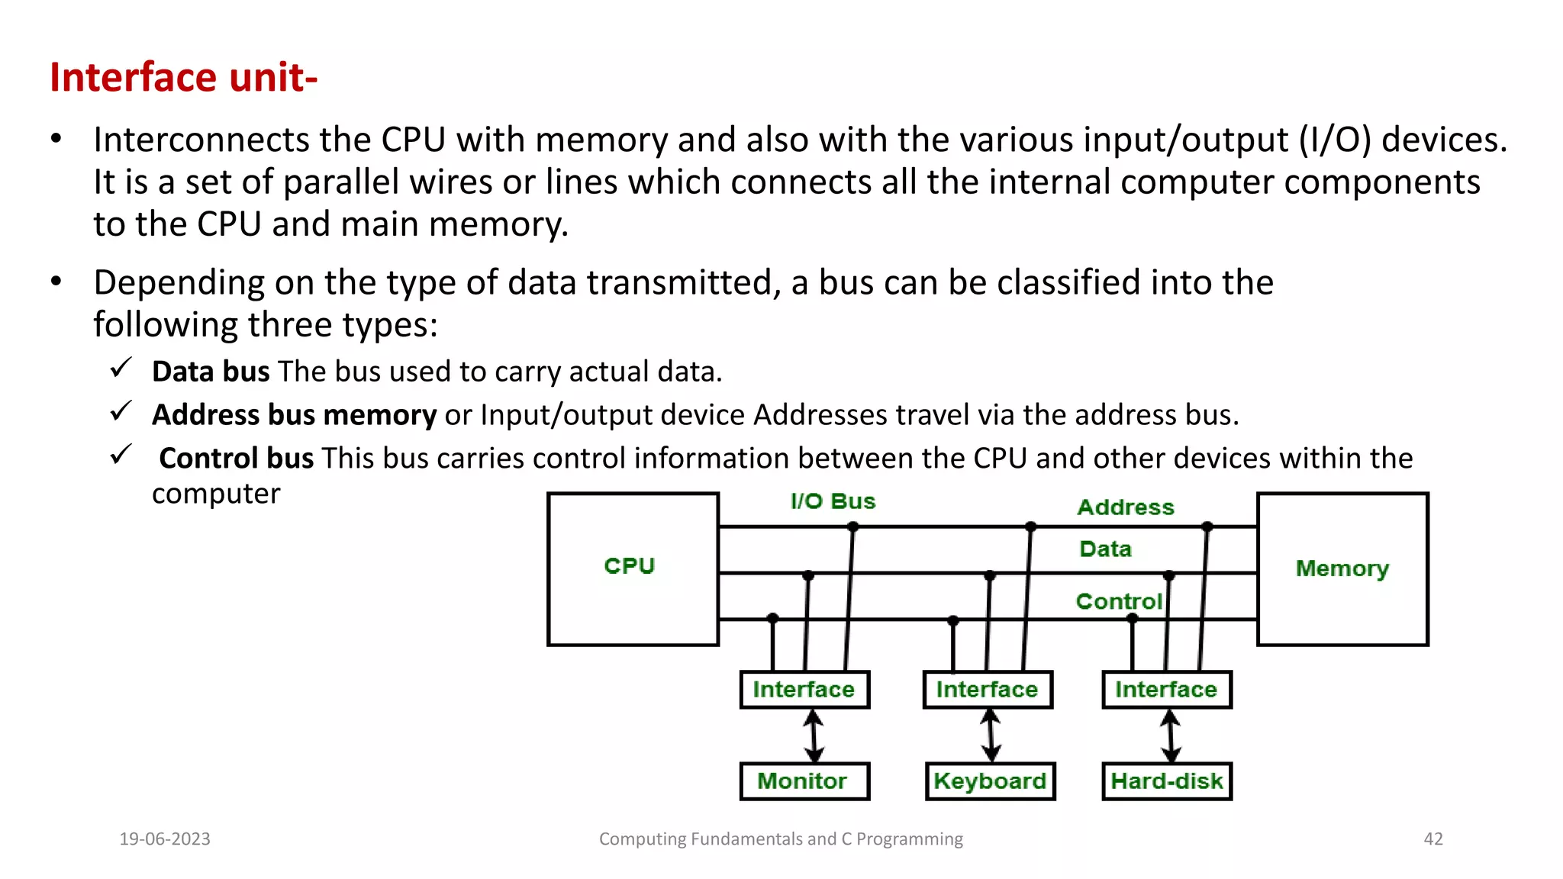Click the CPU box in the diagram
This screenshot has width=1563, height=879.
[633, 568]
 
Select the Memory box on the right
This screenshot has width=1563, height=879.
[1342, 568]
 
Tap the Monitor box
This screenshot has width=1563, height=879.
[804, 781]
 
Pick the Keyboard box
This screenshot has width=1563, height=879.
[990, 781]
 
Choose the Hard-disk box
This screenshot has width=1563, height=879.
[1167, 781]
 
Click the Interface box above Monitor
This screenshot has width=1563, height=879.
[804, 690]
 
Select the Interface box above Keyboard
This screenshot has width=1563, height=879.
[988, 690]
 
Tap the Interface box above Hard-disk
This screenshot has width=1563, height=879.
[1167, 690]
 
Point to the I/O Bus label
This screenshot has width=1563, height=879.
[833, 501]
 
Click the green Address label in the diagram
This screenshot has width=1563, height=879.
[1126, 507]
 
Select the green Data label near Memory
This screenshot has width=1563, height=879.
[1105, 549]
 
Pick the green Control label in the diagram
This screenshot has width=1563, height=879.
[1119, 601]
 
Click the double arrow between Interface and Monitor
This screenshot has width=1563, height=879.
[814, 736]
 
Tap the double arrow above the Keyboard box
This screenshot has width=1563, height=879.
[991, 736]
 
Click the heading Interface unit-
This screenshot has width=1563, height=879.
[183, 78]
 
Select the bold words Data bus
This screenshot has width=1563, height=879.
[211, 372]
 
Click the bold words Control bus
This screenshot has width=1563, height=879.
[236, 459]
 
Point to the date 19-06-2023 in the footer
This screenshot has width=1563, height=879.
[165, 839]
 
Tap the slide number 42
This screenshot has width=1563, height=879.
[1433, 839]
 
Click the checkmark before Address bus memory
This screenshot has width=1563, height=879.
[121, 412]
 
